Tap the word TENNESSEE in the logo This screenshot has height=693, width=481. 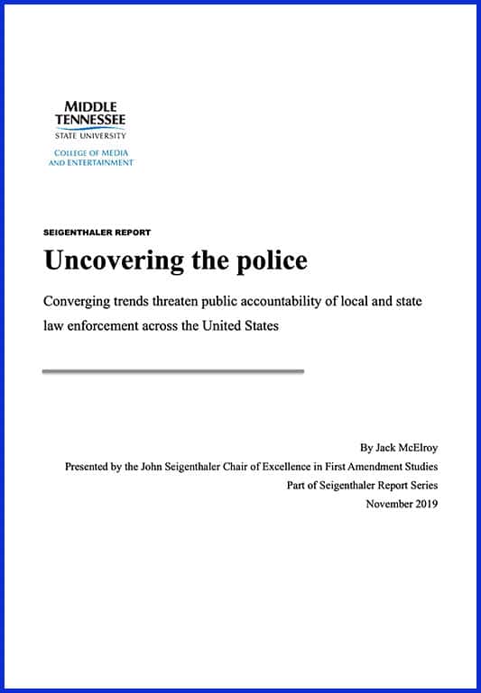pyautogui.click(x=90, y=120)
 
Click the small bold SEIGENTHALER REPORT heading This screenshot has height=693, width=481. pyautogui.click(x=97, y=233)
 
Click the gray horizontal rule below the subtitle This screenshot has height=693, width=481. pyautogui.click(x=172, y=370)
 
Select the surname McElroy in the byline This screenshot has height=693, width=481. pyautogui.click(x=415, y=447)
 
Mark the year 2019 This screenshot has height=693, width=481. pyautogui.click(x=427, y=504)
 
